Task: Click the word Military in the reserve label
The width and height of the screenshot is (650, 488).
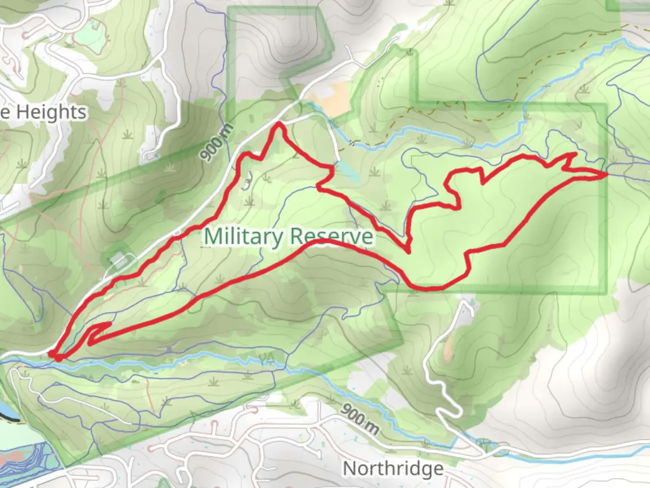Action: [x=244, y=236]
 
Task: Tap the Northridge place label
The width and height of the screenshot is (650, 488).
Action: [x=393, y=469]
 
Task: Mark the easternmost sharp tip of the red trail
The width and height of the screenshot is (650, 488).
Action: [x=605, y=174]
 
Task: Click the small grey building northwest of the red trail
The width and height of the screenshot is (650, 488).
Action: [x=118, y=260]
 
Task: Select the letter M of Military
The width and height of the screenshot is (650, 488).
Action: [x=213, y=236]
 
